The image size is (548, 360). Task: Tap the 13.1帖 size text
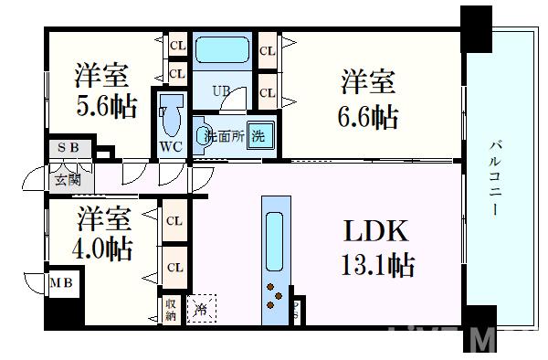377,266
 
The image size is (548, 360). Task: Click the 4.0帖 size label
102,249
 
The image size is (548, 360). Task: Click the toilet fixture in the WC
170,117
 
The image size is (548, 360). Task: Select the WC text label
171,147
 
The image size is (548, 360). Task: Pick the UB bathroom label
221,90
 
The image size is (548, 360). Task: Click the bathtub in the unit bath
223,48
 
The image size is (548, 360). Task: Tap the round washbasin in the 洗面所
201,134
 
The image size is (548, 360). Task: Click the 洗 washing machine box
260,136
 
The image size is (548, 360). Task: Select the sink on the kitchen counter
274,235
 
